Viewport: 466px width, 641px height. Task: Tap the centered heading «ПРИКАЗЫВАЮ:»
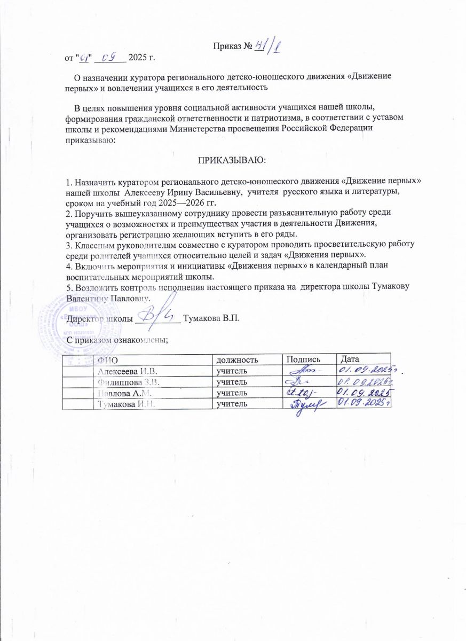point(232,159)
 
